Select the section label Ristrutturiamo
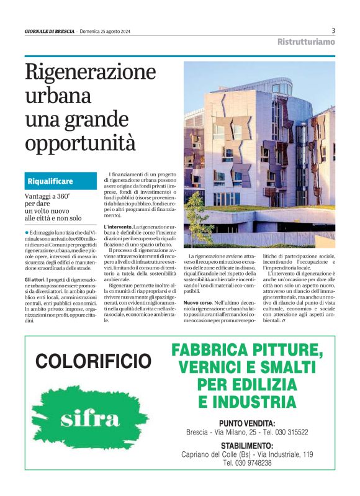point(306,42)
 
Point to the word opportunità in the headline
point(80,143)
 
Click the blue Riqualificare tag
point(50,181)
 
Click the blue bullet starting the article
point(27,232)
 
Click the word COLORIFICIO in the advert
point(93,361)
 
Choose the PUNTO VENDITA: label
point(247,423)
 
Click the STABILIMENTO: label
point(247,446)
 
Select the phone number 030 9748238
point(247,463)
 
